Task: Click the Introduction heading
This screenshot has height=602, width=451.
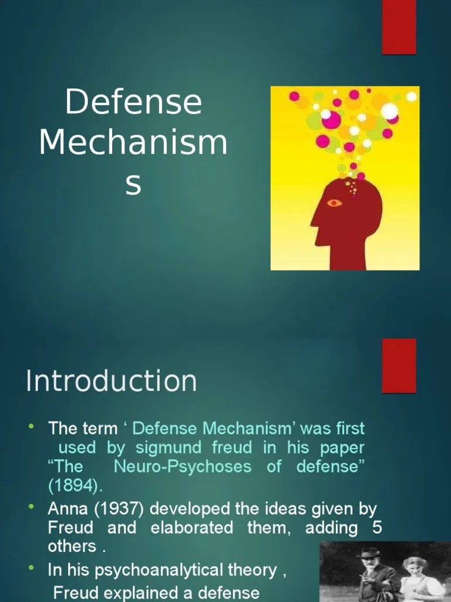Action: (x=111, y=381)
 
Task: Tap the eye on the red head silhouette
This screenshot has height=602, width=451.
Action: (x=335, y=203)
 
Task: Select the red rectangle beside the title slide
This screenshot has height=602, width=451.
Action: (x=399, y=26)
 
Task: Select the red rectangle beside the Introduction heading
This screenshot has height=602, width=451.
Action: (x=399, y=365)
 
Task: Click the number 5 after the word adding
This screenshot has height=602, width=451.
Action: (x=377, y=527)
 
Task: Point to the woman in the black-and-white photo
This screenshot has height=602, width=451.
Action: (x=415, y=579)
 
